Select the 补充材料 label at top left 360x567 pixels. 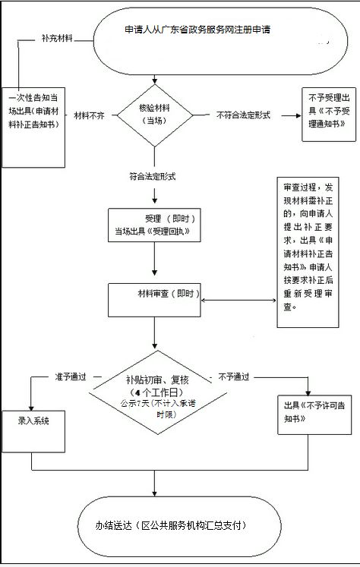[x=56, y=37]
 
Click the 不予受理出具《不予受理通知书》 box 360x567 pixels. [x=329, y=115]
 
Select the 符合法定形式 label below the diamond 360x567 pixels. [x=152, y=176]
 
